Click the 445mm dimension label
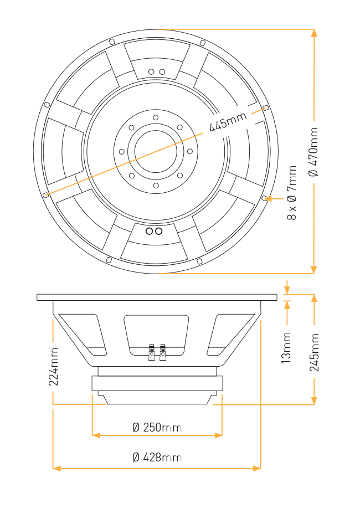coord(228,121)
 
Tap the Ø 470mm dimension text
coord(313,152)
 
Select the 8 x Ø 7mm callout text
coord(291,193)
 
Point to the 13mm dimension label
coord(286,348)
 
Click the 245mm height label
coord(314,352)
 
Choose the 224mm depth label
coord(53,367)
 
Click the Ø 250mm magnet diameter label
coord(157,428)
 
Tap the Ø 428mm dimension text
coord(157,458)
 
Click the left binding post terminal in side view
coord(152,352)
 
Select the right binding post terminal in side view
coord(163,352)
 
